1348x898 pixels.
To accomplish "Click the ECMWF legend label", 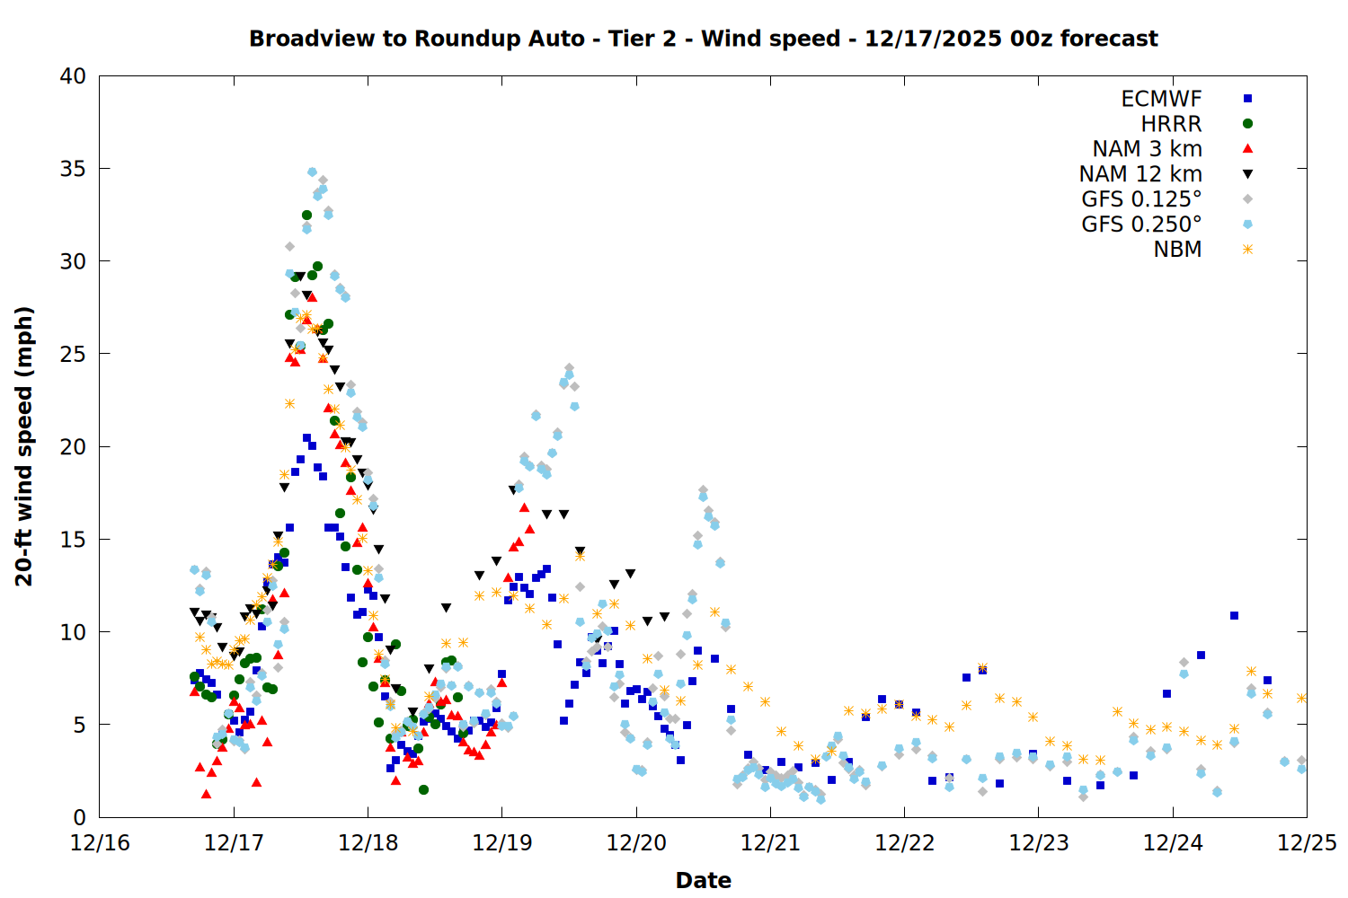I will (1161, 99).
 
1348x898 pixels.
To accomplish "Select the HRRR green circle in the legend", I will (1247, 124).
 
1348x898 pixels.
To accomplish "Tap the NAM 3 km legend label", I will (1147, 149).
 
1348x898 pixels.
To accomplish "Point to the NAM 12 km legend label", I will (1140, 174).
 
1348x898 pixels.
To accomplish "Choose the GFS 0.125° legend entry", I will (1141, 199).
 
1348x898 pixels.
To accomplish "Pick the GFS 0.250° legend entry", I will (1141, 224).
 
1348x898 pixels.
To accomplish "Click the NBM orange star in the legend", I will (1247, 250).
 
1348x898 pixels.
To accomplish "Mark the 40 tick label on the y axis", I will (73, 76).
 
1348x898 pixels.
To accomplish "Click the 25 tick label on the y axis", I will (73, 354).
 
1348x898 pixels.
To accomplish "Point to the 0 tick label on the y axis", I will (80, 817).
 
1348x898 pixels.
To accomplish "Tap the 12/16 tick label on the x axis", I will (100, 843).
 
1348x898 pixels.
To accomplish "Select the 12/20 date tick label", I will (636, 843).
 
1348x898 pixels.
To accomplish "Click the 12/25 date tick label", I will (1307, 843).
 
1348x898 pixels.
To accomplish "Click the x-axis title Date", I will (703, 880).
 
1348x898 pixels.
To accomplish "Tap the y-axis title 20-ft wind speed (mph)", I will (24, 446).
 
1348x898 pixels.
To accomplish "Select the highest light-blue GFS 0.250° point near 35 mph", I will (312, 172).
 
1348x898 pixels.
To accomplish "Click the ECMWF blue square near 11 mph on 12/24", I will (1234, 616).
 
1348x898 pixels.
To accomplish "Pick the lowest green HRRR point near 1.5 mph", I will (423, 789).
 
